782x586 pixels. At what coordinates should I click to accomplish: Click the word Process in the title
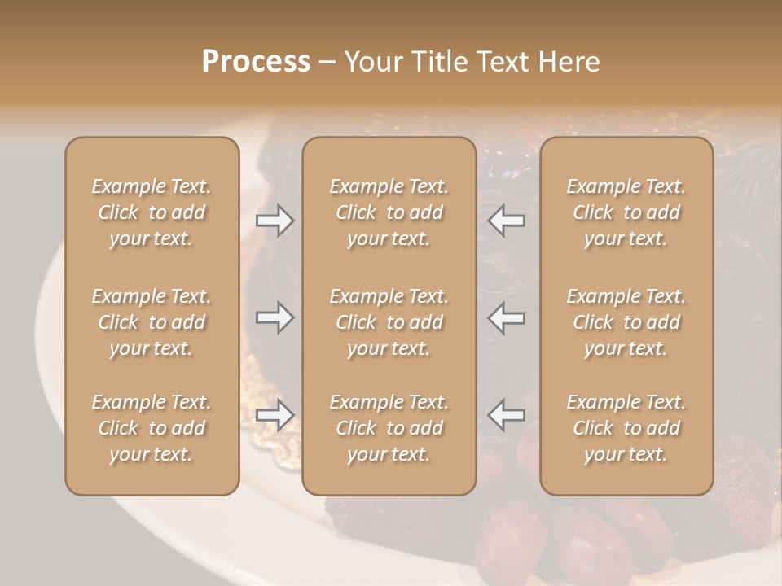pos(256,62)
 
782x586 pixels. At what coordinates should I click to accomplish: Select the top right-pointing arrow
pos(275,221)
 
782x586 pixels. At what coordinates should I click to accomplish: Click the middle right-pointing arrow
pos(275,317)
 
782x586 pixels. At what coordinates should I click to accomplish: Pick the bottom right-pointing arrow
pos(275,415)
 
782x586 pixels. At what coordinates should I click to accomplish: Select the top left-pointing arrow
pos(507,221)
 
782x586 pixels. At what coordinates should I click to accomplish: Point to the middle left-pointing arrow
pos(507,317)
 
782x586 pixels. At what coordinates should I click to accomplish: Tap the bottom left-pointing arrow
pos(507,415)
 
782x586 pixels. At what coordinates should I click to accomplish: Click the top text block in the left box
pos(152,212)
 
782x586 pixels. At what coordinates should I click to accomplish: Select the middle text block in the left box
pos(152,322)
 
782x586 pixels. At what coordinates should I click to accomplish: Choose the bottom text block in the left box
pos(152,428)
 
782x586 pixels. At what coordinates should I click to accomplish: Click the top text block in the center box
pos(389,212)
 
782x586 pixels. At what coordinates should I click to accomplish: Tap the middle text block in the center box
pos(389,322)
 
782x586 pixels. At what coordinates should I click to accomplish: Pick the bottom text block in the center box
pos(389,428)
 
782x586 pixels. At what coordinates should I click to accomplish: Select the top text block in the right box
pos(626,212)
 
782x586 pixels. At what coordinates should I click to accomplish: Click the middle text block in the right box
pos(626,322)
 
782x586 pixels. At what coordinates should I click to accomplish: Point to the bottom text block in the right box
pos(626,428)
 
